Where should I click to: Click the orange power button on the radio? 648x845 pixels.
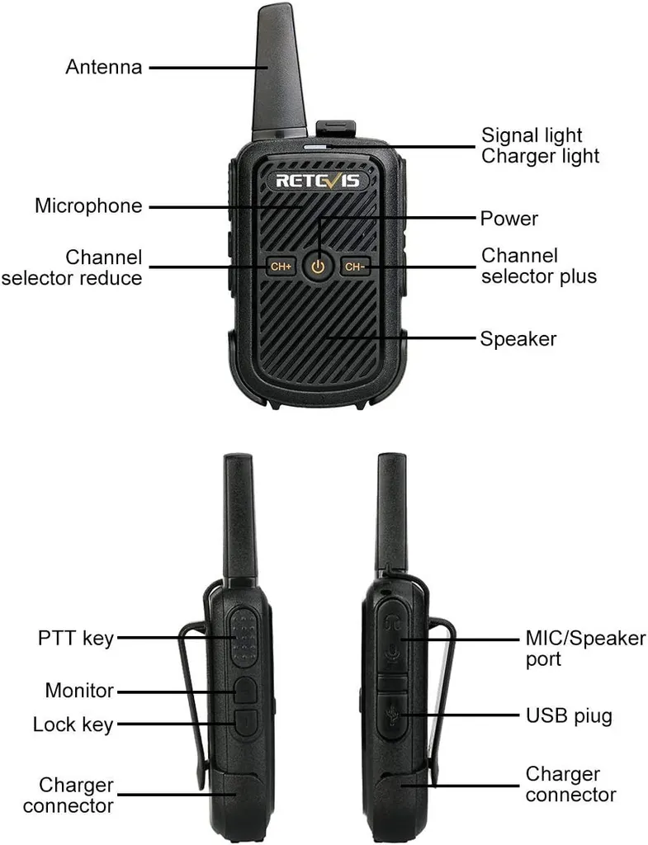(x=319, y=266)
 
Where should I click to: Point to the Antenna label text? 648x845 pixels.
(x=103, y=67)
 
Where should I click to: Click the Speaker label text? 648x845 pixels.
(x=518, y=338)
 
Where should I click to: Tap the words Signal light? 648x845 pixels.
(x=532, y=135)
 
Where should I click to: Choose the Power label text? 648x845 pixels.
(x=508, y=219)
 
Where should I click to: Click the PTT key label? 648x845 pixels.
(x=75, y=638)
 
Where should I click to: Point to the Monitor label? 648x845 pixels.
(x=79, y=690)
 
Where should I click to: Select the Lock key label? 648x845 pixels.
(x=73, y=725)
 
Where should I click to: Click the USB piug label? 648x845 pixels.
(x=569, y=715)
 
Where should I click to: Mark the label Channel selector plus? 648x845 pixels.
(x=538, y=266)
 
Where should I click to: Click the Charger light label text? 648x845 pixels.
(x=540, y=155)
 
